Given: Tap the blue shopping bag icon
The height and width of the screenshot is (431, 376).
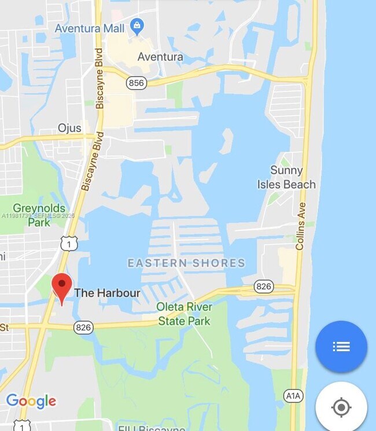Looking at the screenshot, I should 137,25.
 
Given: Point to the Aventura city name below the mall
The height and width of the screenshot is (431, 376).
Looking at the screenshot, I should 160,57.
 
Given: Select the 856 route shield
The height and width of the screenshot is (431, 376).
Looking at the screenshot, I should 137,83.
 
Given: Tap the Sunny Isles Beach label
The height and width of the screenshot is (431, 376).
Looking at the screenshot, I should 287,178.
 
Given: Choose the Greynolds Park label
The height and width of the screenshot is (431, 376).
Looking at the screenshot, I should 39,214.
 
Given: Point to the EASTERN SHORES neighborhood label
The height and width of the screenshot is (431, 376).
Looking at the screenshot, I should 186,263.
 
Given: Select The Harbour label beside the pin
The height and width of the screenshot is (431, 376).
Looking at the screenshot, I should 107,293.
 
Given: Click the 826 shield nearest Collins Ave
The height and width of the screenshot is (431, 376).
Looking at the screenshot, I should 264,286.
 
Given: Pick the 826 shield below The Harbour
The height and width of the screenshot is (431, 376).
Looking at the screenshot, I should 83,328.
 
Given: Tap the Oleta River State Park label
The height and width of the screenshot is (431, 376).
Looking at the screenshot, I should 185,314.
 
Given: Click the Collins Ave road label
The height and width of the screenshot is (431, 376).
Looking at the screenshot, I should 300,226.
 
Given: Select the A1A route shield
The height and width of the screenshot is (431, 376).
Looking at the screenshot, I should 294,396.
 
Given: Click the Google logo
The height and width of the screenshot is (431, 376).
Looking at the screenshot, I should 31,401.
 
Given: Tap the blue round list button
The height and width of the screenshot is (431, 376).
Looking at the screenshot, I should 341,347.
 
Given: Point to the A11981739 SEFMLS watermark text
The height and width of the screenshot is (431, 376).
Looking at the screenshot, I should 38,216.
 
